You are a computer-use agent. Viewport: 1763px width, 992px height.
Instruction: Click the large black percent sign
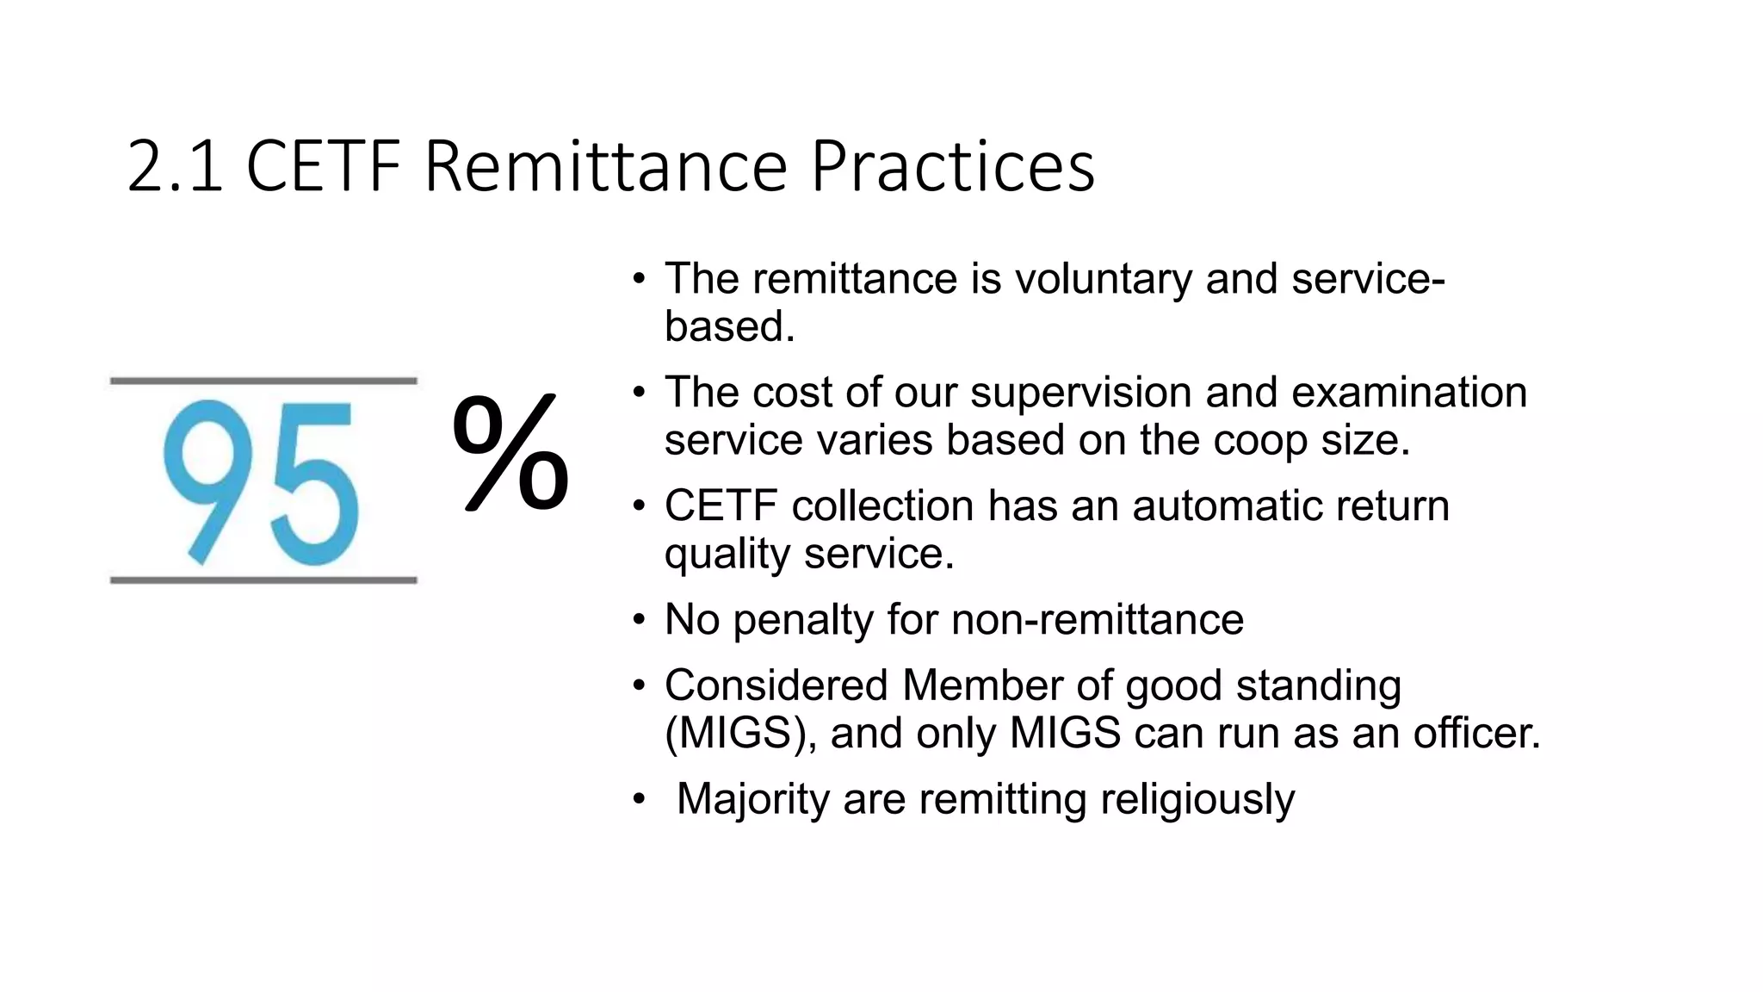[x=510, y=452]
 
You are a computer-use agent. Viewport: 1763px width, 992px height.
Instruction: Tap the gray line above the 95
[x=263, y=381]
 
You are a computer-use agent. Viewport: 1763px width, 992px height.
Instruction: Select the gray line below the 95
[x=263, y=580]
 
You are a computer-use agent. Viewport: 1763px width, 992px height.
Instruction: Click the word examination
[x=1409, y=393]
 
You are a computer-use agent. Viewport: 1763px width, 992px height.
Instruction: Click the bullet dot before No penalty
[x=638, y=620]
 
